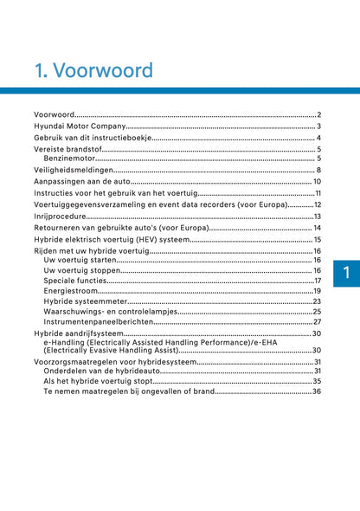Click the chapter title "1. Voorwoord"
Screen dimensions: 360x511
click(90, 70)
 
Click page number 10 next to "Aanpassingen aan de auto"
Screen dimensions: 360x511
click(317, 182)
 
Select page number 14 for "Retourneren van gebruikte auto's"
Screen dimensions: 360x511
click(318, 227)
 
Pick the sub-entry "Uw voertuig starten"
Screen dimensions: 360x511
click(79, 260)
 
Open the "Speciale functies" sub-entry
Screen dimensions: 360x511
click(75, 281)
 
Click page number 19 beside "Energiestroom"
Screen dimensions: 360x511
click(318, 291)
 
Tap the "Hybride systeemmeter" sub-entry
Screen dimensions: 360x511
click(83, 301)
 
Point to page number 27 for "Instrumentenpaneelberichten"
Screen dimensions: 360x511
click(318, 321)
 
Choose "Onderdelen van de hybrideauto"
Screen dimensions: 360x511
click(100, 371)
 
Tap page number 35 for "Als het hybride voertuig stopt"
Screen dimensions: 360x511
click(318, 381)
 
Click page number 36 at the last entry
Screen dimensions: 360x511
click(318, 391)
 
